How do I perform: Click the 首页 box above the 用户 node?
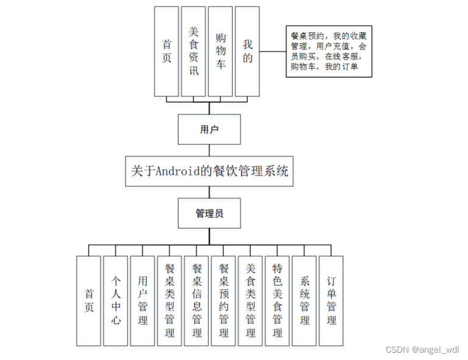tap(166, 51)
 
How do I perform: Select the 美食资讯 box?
tap(193, 51)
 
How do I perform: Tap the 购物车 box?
tap(220, 51)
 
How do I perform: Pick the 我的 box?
tap(247, 51)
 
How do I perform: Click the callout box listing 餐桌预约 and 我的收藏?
tap(330, 51)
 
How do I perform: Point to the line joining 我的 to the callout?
tap(273, 51)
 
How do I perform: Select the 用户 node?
tap(209, 129)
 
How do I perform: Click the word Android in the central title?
tap(179, 171)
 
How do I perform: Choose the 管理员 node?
tap(209, 213)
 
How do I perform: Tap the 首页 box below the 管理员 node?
tap(89, 301)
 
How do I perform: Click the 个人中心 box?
tap(116, 301)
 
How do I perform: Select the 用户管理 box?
tap(143, 301)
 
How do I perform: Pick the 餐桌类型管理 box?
tap(169, 301)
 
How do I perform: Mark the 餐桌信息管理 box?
tap(196, 301)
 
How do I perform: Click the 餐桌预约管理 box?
tap(223, 301)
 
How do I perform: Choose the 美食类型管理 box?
tap(250, 301)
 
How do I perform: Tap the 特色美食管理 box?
tap(277, 301)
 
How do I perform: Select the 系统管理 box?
tap(304, 301)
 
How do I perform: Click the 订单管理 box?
tap(331, 301)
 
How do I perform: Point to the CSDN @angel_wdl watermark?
tap(423, 349)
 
